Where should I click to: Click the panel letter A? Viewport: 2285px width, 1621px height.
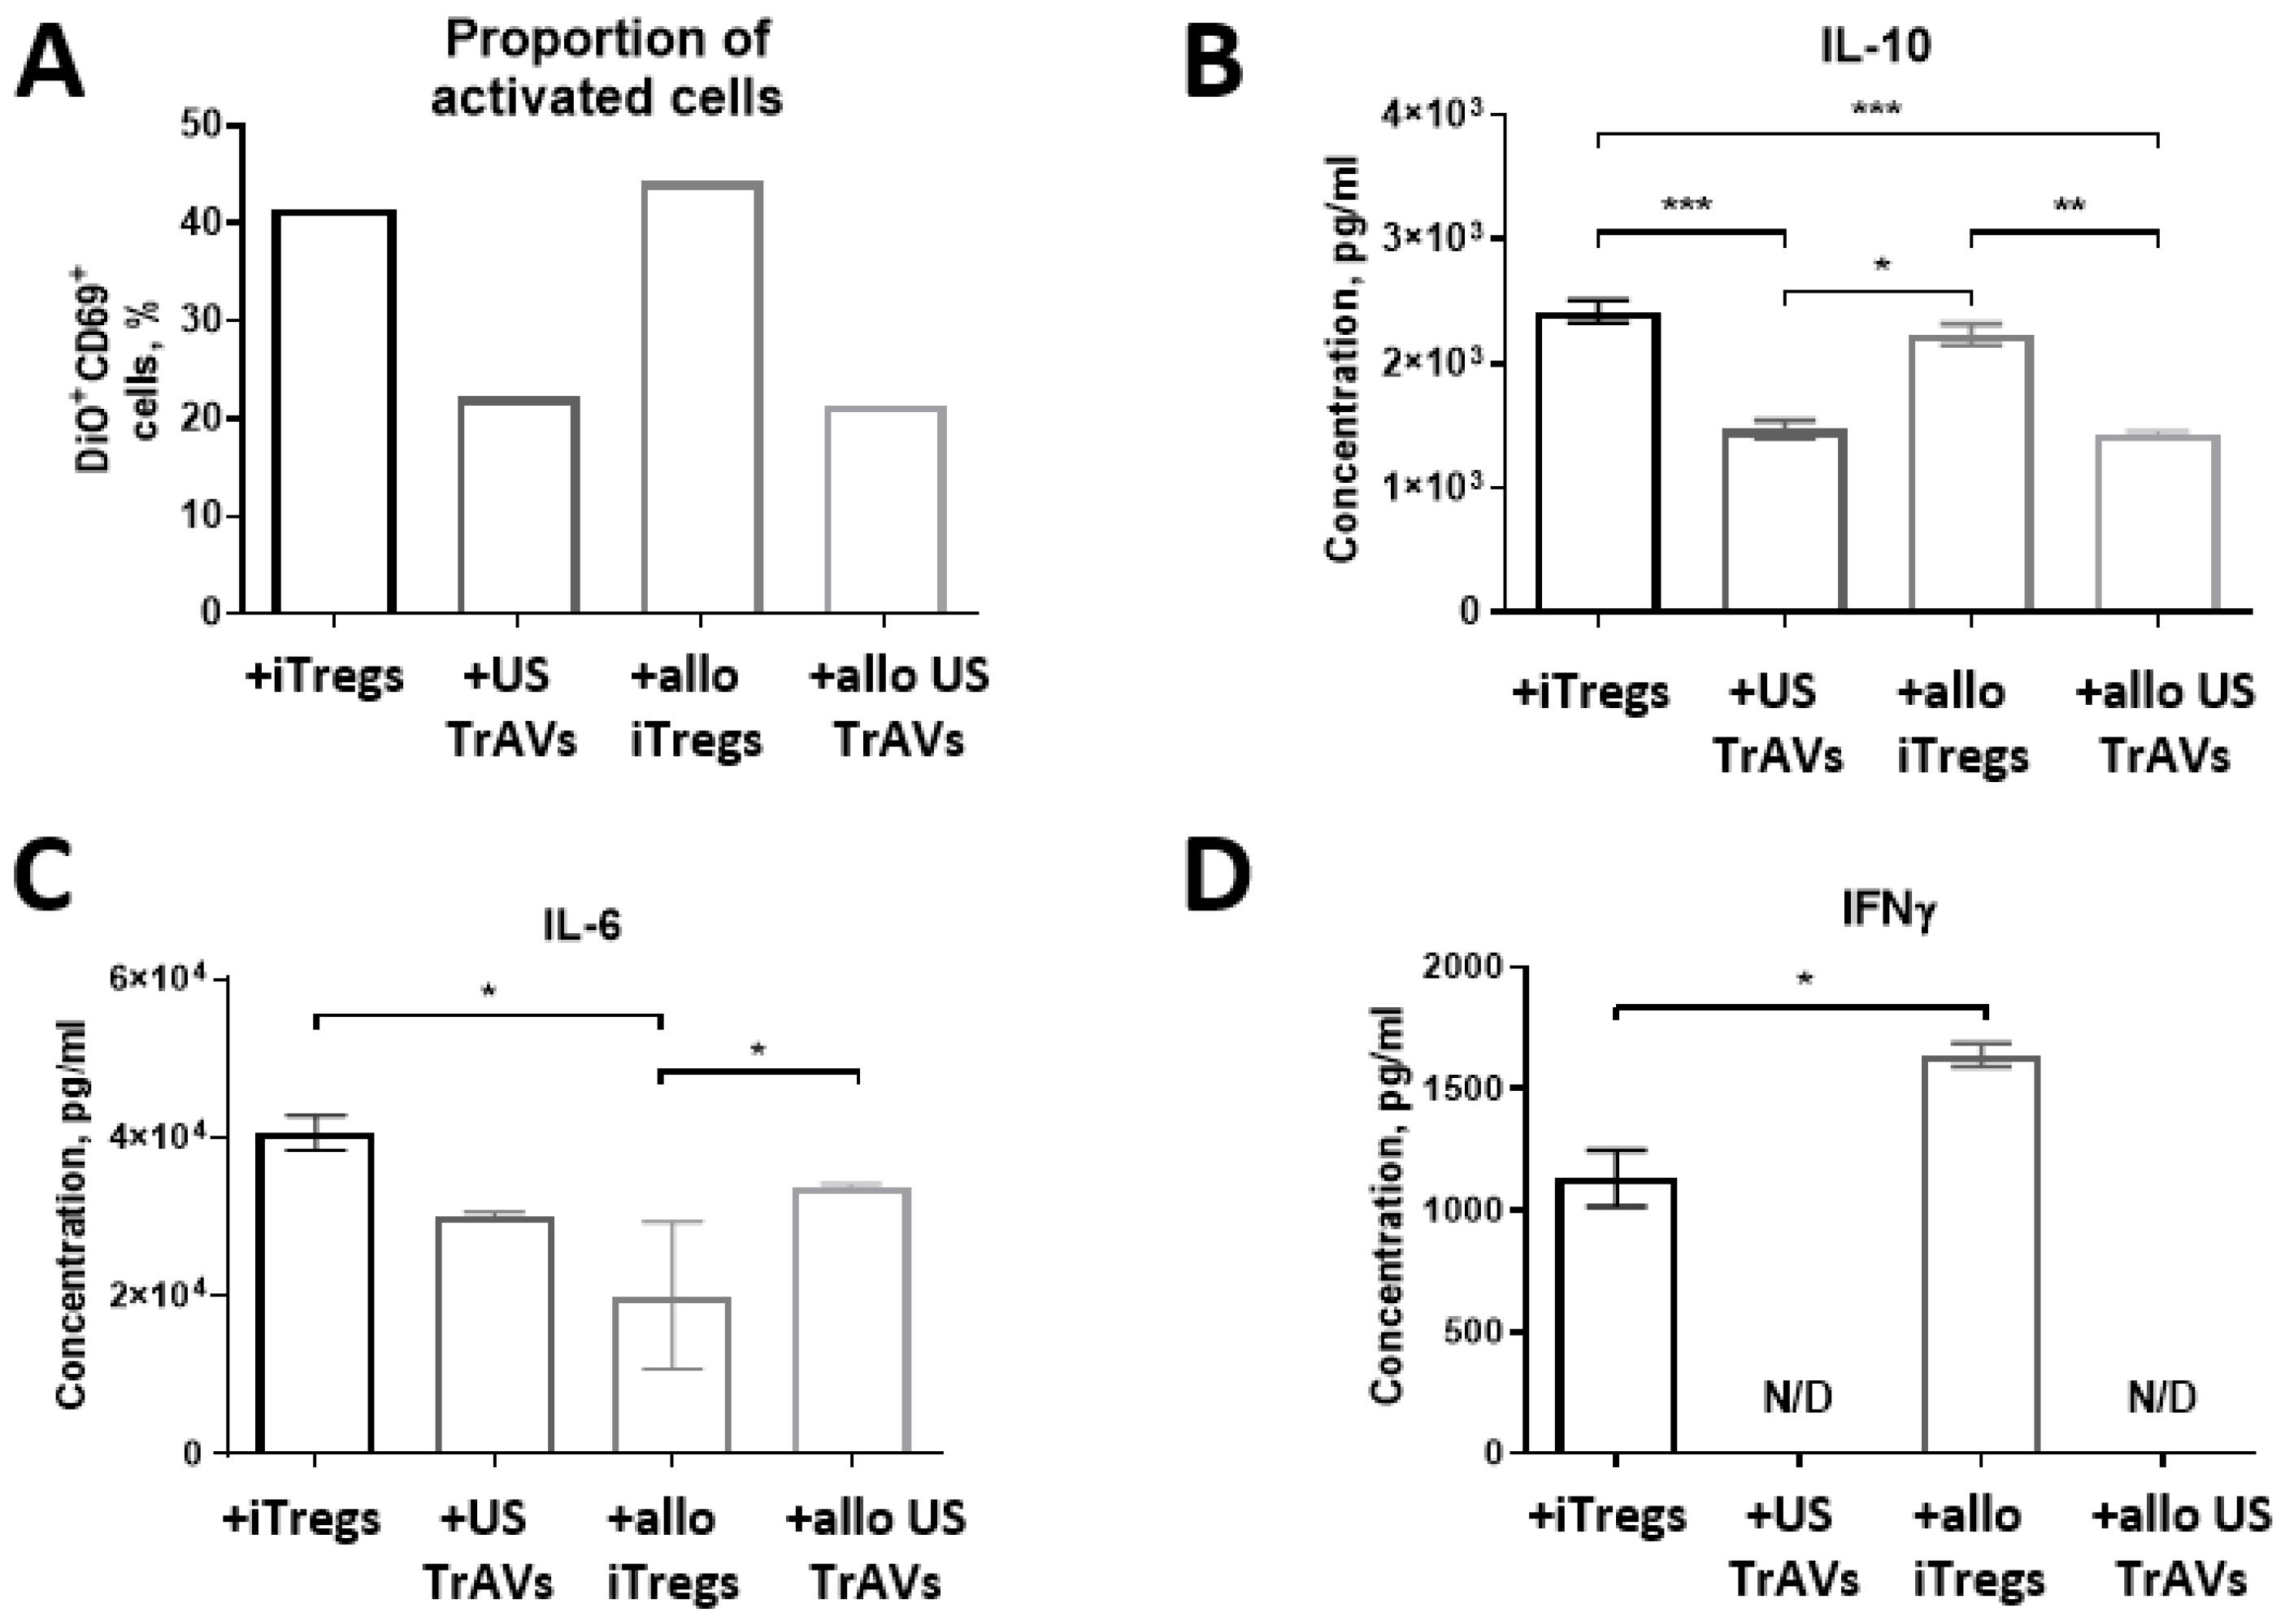pyautogui.click(x=50, y=62)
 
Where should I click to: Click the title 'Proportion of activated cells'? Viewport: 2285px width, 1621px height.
pyautogui.click(x=606, y=67)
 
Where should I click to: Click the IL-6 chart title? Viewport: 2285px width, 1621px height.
pyautogui.click(x=582, y=925)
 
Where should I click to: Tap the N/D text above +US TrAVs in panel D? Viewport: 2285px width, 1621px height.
pyautogui.click(x=1797, y=1398)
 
